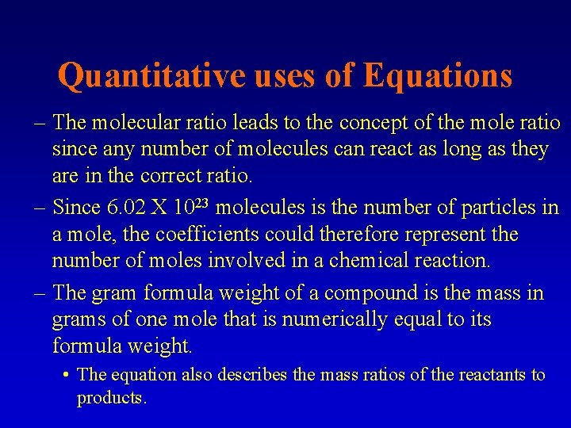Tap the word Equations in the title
437,76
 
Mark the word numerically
326,319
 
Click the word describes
248,375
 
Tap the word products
111,399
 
